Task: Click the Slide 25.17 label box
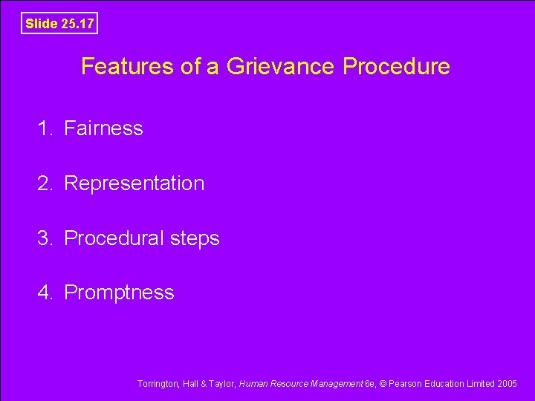[x=59, y=24]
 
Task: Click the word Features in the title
[x=120, y=67]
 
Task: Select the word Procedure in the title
[x=396, y=67]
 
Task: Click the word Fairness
[x=103, y=128]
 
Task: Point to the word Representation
[x=134, y=183]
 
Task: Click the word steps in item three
[x=194, y=239]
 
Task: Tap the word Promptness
[x=119, y=293]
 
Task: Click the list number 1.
[x=45, y=128]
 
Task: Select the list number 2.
[x=45, y=183]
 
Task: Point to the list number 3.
[x=45, y=238]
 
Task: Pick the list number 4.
[x=45, y=293]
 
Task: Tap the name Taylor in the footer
[x=221, y=384]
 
